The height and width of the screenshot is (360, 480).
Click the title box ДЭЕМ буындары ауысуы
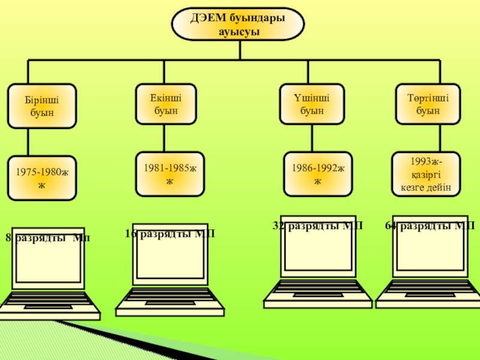238,25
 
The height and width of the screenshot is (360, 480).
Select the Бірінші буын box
41,106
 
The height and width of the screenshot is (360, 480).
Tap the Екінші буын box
166,104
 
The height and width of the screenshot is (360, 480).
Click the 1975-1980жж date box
41,178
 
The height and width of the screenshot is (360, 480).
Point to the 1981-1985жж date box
170,175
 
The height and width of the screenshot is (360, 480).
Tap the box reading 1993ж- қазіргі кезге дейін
427,174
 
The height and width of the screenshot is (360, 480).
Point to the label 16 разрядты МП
170,233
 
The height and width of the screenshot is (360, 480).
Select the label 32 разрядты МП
318,226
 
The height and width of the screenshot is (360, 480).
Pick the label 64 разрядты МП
430,226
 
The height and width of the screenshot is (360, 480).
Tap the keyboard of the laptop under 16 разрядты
170,298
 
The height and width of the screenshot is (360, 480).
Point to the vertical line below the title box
239,50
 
